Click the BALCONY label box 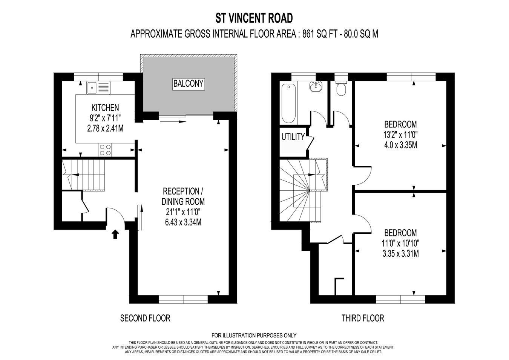[x=189, y=84]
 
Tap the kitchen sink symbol [x=98, y=88]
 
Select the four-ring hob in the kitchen [x=105, y=150]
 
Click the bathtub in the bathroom [x=288, y=103]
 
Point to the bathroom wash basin [x=316, y=86]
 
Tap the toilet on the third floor [x=341, y=88]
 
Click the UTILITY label [x=293, y=137]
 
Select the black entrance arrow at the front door [x=115, y=234]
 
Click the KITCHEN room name [x=105, y=107]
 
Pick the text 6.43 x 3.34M [x=183, y=222]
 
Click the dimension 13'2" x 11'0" [x=401, y=135]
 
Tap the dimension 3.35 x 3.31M [x=401, y=253]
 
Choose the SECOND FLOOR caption [x=145, y=318]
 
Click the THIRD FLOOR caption [x=363, y=318]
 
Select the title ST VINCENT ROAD [x=254, y=18]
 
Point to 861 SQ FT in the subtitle [x=319, y=34]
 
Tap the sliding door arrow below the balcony [x=173, y=122]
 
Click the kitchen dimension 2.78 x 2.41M [x=105, y=129]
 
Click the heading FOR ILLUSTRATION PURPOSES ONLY [x=254, y=335]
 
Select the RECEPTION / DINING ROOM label [x=183, y=196]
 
